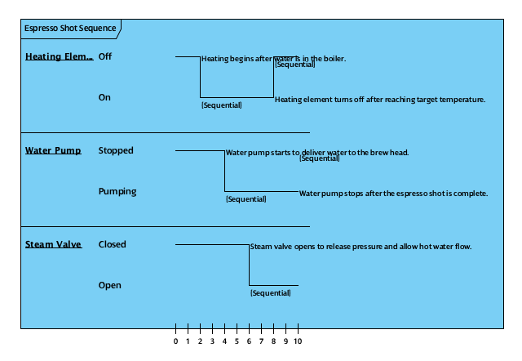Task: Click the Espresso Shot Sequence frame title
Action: (69, 29)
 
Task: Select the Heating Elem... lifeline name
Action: (59, 57)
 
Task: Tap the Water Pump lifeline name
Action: (53, 151)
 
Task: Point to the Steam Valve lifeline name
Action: (53, 245)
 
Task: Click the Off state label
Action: (105, 57)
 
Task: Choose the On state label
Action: (104, 98)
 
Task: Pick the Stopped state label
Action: (116, 151)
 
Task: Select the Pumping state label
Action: (117, 192)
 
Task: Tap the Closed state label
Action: (112, 245)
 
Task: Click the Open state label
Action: (109, 286)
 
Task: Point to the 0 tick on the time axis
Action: (175, 341)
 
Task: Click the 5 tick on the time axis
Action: (237, 341)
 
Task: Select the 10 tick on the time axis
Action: (298, 341)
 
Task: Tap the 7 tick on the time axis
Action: (261, 341)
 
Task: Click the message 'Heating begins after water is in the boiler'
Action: (273, 59)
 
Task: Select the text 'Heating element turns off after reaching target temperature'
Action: (380, 100)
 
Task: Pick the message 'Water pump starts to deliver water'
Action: (317, 153)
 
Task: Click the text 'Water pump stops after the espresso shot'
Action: (393, 194)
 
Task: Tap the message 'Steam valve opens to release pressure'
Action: (361, 247)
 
